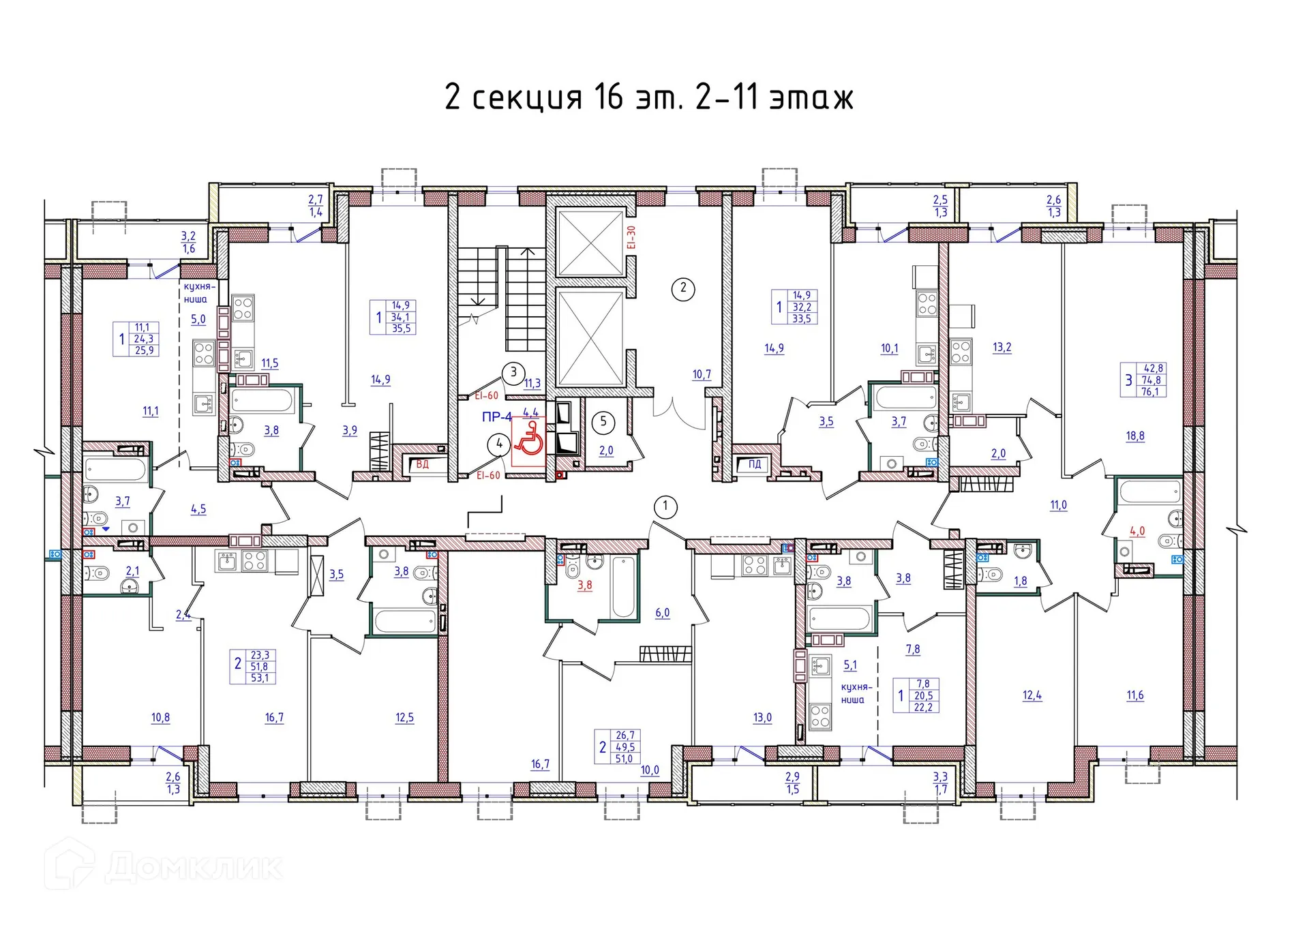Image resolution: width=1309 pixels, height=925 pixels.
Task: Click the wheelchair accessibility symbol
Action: (x=528, y=439)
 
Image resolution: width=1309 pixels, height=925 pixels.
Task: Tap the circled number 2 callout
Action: (x=683, y=288)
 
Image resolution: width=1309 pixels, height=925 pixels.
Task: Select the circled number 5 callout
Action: (x=603, y=422)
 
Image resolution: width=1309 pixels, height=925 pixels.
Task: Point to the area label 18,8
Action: (x=1135, y=436)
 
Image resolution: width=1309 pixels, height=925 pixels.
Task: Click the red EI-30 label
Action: (x=631, y=237)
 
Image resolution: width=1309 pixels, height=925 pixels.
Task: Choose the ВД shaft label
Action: (x=423, y=464)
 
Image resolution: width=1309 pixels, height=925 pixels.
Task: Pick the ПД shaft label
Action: (x=755, y=464)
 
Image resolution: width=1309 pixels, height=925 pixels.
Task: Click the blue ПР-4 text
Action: (x=496, y=417)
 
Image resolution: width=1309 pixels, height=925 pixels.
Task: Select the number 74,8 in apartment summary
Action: (x=1152, y=380)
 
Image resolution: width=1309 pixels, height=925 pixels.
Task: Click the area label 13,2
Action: (x=1002, y=348)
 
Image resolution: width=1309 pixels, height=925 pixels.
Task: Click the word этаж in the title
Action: (x=811, y=97)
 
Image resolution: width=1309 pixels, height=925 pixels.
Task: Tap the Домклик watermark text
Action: (x=194, y=868)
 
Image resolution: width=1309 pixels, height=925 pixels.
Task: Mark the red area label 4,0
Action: (x=1137, y=531)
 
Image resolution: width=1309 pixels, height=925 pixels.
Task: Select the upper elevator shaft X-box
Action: (x=590, y=243)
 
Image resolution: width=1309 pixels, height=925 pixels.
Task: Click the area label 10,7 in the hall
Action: (x=702, y=374)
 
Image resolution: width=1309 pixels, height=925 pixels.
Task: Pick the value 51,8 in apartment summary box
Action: (x=259, y=667)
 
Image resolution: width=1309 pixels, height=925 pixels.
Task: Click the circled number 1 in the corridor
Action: (x=665, y=506)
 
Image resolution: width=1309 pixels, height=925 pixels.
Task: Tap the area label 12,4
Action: (x=1032, y=696)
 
